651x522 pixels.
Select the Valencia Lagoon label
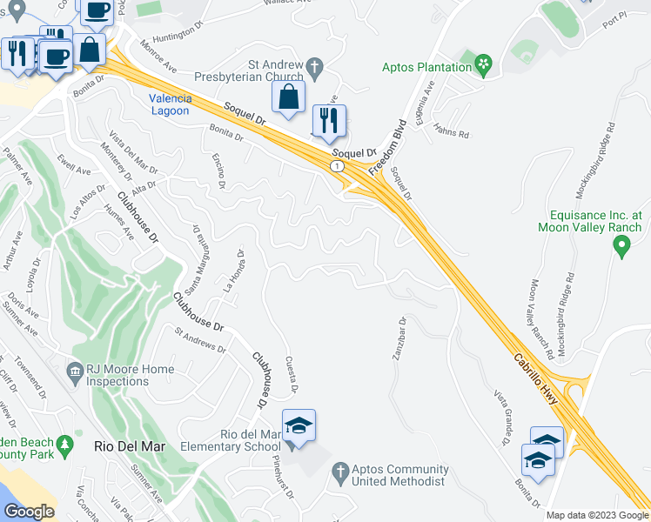[169, 104]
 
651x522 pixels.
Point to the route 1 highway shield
[337, 164]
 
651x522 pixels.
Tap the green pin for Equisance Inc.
[621, 246]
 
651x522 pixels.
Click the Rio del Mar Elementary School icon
[299, 426]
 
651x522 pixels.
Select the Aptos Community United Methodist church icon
[340, 471]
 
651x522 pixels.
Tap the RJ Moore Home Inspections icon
[74, 371]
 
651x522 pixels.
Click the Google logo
[29, 512]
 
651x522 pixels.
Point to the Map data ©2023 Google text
[597, 515]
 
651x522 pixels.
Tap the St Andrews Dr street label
[200, 340]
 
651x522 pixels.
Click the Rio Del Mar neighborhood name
[123, 445]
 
